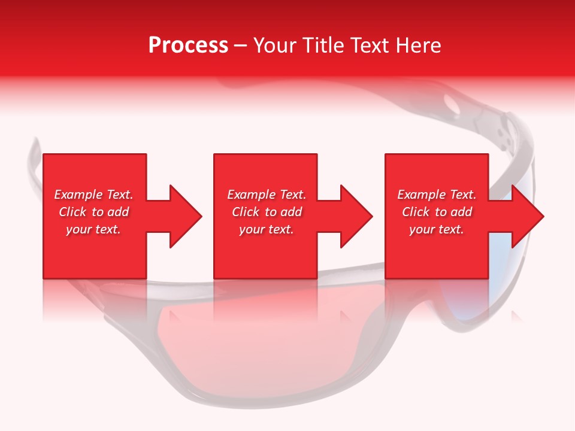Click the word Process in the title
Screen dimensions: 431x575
click(188, 45)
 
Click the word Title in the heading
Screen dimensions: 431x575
click(322, 45)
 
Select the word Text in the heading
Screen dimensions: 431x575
click(370, 45)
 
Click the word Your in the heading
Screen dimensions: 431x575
click(275, 45)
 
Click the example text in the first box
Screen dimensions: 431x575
click(94, 212)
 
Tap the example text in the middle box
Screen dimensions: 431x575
click(267, 212)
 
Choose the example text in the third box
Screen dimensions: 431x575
click(437, 212)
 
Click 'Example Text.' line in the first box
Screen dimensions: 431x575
click(94, 195)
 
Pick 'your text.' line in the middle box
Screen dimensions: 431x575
click(267, 229)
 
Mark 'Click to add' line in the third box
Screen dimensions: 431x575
click(437, 212)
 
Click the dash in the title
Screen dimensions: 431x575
click(240, 46)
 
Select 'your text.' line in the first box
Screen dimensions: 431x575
click(94, 229)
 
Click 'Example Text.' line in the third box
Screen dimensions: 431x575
click(437, 195)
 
